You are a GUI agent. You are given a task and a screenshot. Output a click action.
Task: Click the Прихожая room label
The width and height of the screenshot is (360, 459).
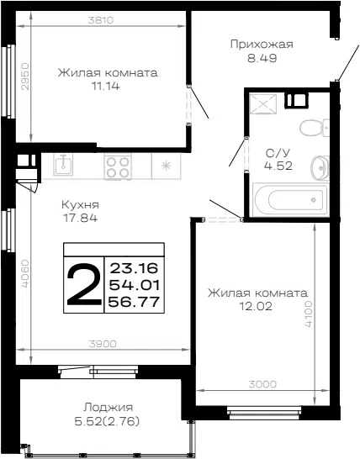point(262,45)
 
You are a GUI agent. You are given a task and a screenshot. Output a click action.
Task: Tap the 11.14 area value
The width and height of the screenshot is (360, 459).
point(106,86)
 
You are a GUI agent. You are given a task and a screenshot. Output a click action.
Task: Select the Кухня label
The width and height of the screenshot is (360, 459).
point(80,204)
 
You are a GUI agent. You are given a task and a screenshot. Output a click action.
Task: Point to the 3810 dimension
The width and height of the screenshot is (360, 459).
point(100,20)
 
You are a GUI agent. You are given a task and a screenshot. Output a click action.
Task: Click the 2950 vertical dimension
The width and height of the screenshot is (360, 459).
point(26,76)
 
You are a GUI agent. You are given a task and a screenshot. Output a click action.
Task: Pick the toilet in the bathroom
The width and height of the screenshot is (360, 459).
point(315,128)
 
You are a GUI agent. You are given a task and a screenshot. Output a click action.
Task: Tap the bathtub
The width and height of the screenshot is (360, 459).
point(290,200)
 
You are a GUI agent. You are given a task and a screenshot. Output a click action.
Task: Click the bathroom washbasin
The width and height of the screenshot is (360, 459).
point(320,168)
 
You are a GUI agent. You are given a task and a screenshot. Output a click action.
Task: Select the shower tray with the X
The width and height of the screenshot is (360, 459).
point(262,103)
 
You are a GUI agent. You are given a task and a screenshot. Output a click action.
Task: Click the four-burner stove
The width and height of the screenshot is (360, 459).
point(118,167)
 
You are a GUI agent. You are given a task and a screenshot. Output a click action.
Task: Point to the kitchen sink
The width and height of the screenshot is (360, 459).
point(63,165)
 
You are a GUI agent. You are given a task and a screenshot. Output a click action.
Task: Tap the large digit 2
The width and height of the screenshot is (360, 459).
point(84,284)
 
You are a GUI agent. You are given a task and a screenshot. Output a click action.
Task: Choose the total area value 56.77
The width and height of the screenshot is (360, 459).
point(134,302)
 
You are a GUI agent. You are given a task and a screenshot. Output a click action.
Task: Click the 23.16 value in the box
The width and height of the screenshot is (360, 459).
point(134,268)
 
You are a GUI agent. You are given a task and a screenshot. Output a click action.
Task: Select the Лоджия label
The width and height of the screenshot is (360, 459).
point(109,408)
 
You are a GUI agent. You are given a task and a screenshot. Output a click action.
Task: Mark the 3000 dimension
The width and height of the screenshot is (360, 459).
point(262,384)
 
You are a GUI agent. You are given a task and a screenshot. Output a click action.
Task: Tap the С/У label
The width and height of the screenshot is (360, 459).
point(278,153)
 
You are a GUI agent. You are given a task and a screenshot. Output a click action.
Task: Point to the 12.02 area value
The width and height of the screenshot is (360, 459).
point(256,306)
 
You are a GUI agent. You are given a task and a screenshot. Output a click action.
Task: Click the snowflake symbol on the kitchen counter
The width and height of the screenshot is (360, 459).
point(166,166)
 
